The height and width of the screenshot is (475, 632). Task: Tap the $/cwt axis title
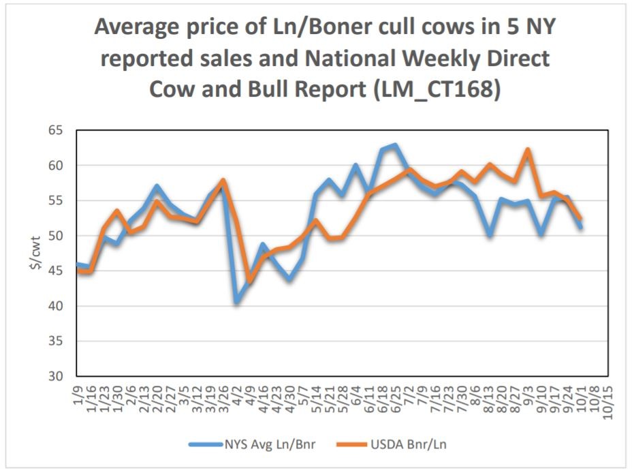34,253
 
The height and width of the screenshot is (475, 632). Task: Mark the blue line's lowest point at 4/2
236,301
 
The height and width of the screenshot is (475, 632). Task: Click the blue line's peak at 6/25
395,145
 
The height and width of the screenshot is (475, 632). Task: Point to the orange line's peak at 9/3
528,149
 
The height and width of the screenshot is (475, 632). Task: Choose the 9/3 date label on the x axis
528,391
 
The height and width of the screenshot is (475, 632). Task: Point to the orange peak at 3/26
223,181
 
